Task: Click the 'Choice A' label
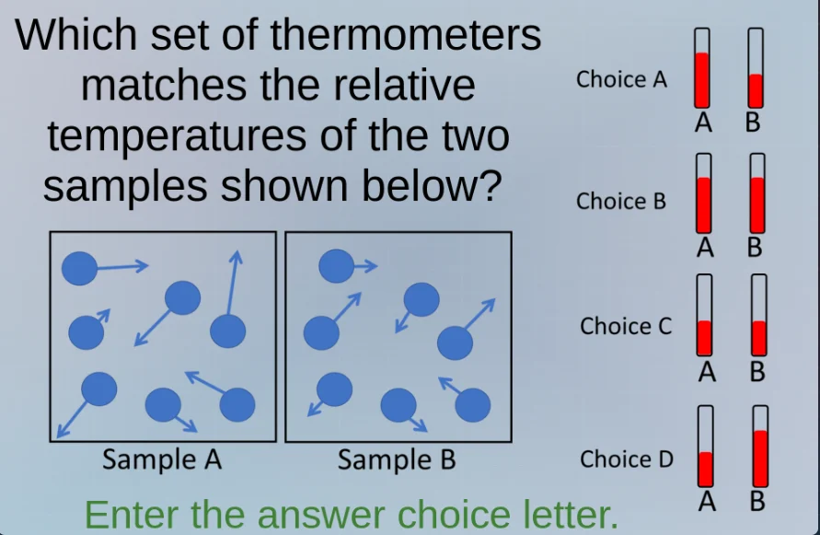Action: [x=621, y=79]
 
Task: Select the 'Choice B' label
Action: [x=621, y=201]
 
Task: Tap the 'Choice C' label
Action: [x=626, y=326]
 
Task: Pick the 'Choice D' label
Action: [x=627, y=459]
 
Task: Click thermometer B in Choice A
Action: [x=756, y=68]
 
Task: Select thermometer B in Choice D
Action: [x=760, y=447]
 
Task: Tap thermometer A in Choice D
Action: [x=706, y=447]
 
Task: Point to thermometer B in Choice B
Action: [x=757, y=192]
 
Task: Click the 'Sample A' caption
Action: [x=162, y=459]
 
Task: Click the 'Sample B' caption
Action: [x=397, y=459]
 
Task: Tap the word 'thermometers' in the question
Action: [x=406, y=35]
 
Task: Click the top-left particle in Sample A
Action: [x=79, y=268]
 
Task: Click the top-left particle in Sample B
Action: [x=335, y=266]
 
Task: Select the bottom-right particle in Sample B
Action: [x=473, y=404]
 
